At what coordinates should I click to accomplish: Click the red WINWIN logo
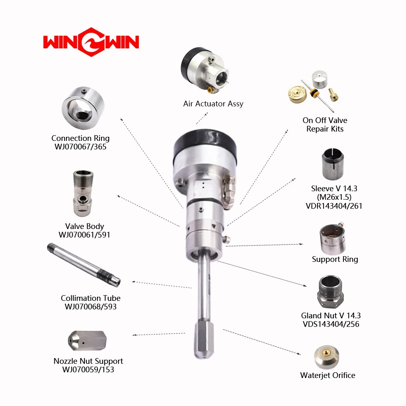(x=91, y=42)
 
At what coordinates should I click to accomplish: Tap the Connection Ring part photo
(x=83, y=108)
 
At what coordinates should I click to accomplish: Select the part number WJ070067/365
(x=80, y=147)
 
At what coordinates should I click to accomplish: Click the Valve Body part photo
(x=83, y=193)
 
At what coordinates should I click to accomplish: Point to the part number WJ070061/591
(x=84, y=235)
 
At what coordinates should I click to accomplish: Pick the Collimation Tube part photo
(x=84, y=265)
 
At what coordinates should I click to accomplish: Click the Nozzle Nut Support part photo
(x=87, y=341)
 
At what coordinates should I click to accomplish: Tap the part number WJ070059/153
(x=88, y=369)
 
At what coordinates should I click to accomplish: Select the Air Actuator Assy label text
(x=213, y=104)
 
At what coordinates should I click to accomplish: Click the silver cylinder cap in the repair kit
(x=319, y=80)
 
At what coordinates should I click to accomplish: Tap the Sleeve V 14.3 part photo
(x=333, y=164)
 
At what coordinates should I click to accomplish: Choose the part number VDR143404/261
(x=334, y=206)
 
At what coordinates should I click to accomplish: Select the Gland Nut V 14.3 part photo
(x=330, y=292)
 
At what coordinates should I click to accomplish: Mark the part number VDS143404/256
(x=331, y=324)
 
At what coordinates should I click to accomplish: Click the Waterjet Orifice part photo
(x=326, y=357)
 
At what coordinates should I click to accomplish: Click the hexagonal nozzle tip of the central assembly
(x=204, y=339)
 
